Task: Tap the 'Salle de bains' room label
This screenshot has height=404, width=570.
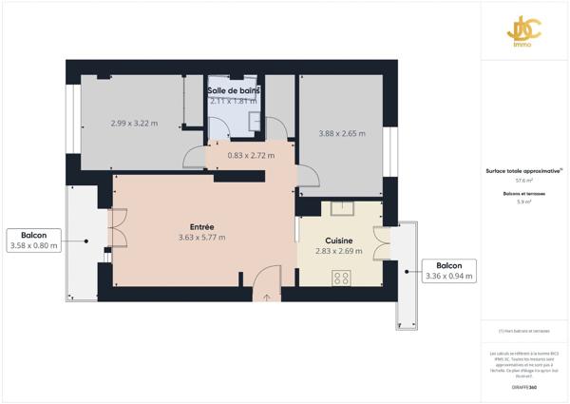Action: coord(234,90)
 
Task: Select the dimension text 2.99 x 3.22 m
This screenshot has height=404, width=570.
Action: coord(134,124)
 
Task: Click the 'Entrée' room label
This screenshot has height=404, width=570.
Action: coord(201,226)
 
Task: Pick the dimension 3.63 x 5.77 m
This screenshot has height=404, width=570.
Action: coord(201,238)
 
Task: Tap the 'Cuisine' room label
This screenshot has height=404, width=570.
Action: coord(339,240)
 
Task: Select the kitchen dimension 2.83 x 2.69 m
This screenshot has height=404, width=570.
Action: coord(339,252)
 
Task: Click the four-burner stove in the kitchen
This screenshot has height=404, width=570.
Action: coord(340,278)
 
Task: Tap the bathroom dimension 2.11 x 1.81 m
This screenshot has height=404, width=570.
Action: coord(234,101)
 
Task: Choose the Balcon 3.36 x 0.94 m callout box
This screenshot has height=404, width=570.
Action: coord(449,271)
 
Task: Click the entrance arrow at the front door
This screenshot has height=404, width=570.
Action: coord(267,297)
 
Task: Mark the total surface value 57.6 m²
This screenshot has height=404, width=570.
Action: coord(523,180)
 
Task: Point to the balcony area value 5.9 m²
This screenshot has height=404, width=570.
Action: coord(523,202)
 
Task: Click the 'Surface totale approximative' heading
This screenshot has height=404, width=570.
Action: coord(523,171)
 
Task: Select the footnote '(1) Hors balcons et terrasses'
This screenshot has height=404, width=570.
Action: coord(523,331)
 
